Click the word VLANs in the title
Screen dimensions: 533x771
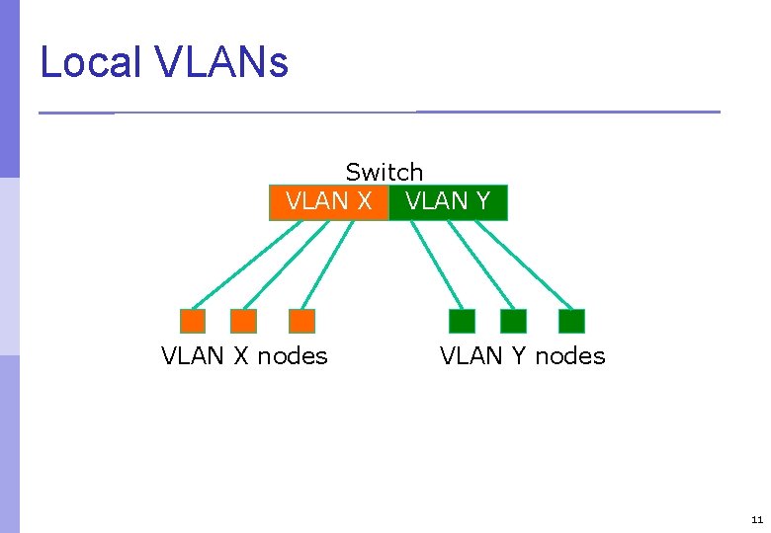tap(221, 63)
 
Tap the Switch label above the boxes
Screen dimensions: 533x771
tap(384, 173)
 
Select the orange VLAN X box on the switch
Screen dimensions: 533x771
tap(329, 202)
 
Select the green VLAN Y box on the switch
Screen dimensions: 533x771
tap(448, 202)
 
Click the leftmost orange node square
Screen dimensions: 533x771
tap(193, 321)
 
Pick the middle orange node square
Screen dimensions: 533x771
tap(243, 321)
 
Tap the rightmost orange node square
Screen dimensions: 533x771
tap(301, 321)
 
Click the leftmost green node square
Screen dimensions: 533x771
tap(462, 321)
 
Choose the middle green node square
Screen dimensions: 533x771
tap(513, 321)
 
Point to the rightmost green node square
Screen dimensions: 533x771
tap(571, 321)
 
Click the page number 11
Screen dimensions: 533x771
tap(756, 519)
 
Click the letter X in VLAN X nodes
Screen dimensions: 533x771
tap(240, 355)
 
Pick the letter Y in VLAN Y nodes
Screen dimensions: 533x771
tap(518, 355)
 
